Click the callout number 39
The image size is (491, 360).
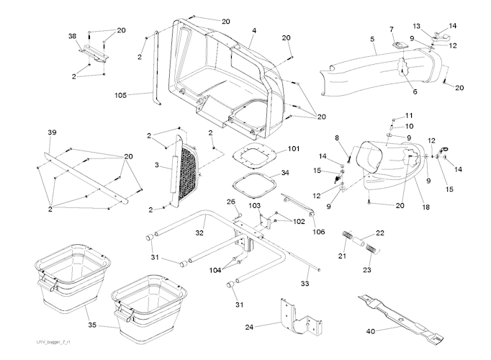(x=51, y=133)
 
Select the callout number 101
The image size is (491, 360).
(x=293, y=149)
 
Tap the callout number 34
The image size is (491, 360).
(x=285, y=174)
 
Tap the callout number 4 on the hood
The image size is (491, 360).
(x=254, y=31)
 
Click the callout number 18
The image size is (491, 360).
(x=426, y=207)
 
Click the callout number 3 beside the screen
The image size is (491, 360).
(x=156, y=166)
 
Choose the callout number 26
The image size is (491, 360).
(x=232, y=201)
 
